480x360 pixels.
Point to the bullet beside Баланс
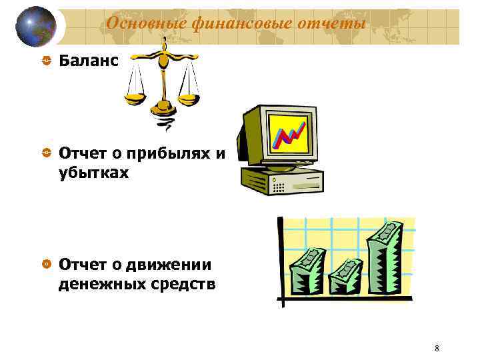click(45, 61)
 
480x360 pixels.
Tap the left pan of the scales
click(136, 98)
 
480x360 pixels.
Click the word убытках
click(95, 173)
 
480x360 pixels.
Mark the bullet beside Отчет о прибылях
click(45, 153)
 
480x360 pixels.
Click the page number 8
click(436, 348)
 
